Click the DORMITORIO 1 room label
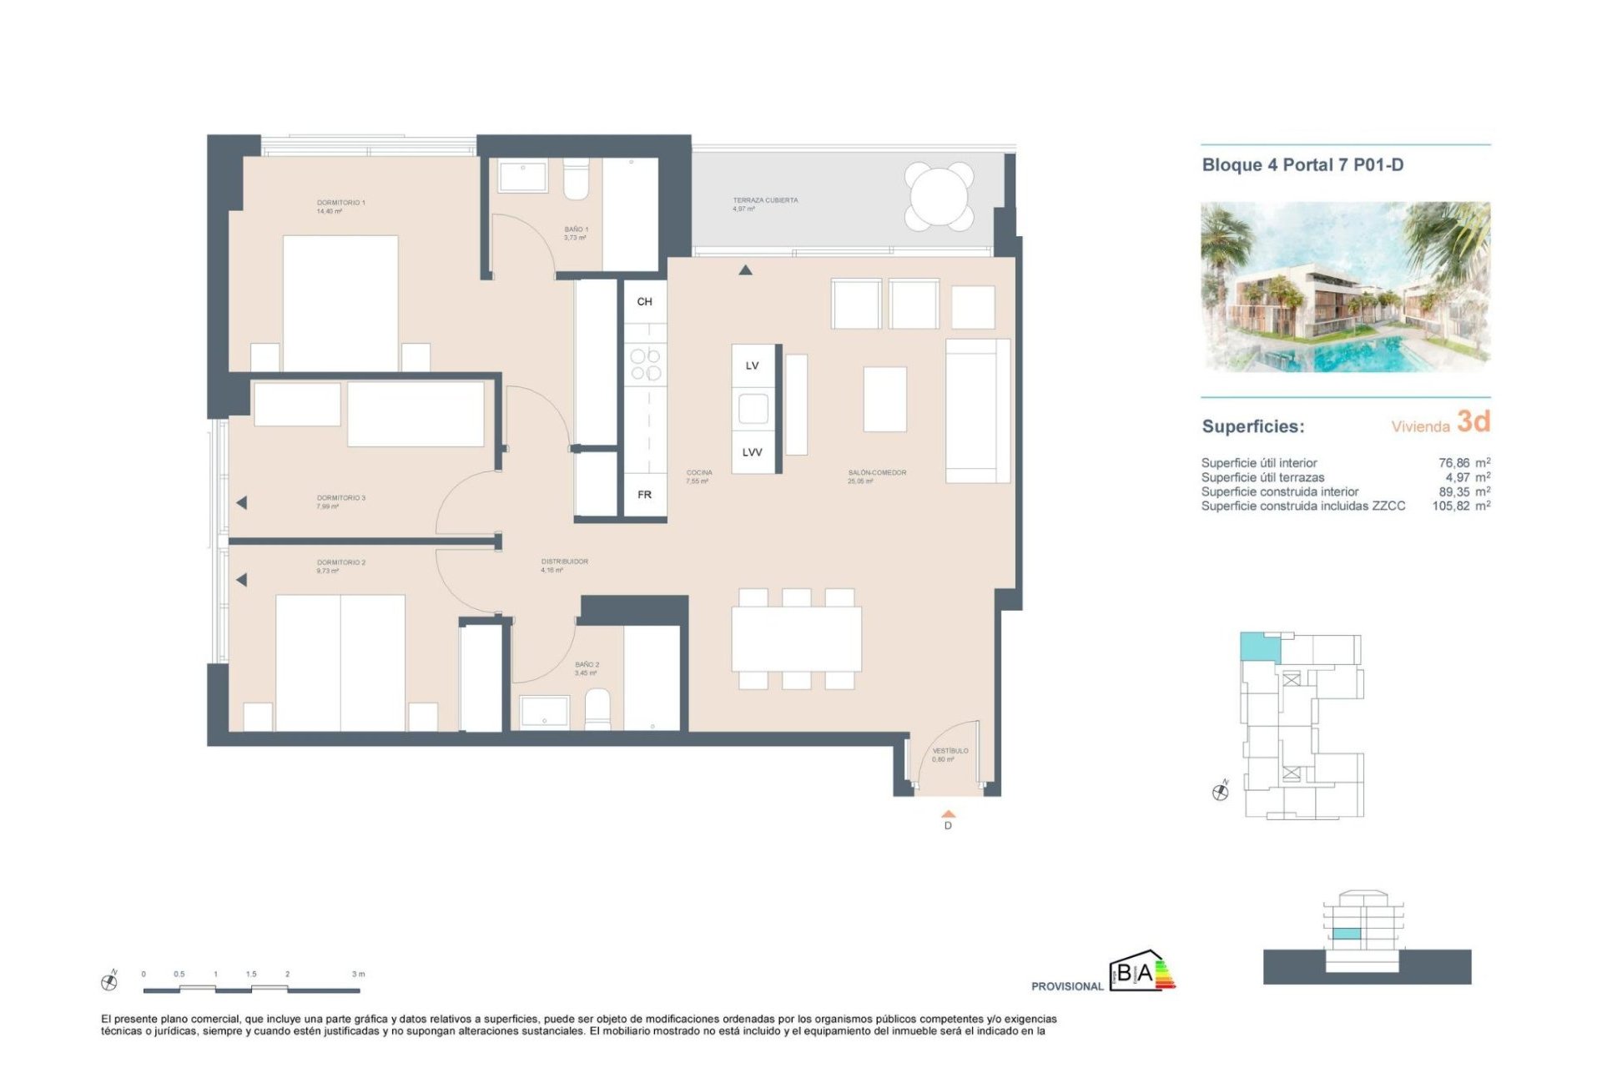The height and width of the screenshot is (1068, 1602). click(340, 203)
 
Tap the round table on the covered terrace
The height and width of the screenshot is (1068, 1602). click(939, 197)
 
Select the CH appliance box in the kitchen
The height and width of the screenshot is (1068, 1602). click(644, 301)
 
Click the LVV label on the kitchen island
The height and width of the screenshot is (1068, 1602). click(752, 452)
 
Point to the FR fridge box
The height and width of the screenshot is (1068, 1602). click(644, 495)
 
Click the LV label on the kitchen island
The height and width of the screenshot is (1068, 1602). click(752, 365)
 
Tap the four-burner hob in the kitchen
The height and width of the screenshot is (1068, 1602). click(645, 365)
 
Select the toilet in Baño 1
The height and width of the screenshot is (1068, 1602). click(576, 180)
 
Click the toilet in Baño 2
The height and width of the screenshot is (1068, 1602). click(597, 709)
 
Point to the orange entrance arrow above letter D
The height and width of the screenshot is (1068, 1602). click(948, 814)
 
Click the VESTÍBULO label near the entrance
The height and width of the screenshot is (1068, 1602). click(950, 751)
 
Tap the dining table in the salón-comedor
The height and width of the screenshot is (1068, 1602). click(796, 638)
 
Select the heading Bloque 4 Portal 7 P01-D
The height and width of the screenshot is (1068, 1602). click(1302, 165)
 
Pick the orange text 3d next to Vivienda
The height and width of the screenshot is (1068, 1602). click(1473, 422)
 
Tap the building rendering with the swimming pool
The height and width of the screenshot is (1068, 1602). click(1345, 286)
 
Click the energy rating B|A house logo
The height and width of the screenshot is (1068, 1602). click(1141, 971)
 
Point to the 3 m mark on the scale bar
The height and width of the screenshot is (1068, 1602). click(359, 975)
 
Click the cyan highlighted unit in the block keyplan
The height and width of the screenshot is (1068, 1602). click(1259, 647)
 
